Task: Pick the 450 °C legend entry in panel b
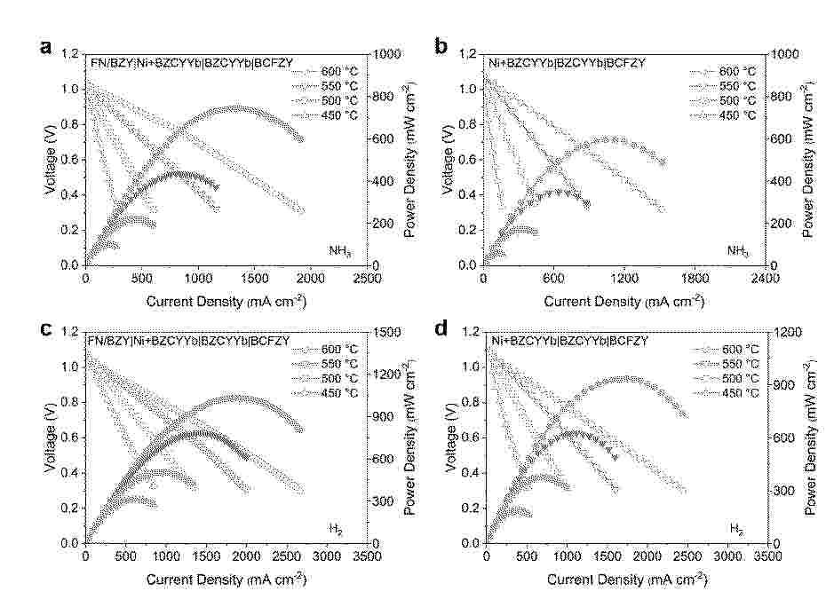tap(737, 115)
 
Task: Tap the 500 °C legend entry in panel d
tap(737, 378)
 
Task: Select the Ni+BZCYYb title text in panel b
tap(567, 63)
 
